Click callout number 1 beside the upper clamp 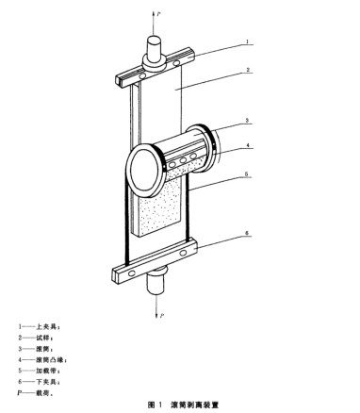coord(247,41)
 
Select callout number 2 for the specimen coord(248,70)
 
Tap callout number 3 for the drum coord(247,120)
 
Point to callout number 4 coord(248,145)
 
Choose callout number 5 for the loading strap coord(247,173)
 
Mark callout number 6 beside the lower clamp coord(247,233)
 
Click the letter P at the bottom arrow coord(162,315)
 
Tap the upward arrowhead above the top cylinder coord(154,13)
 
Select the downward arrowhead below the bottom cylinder coord(156,315)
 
